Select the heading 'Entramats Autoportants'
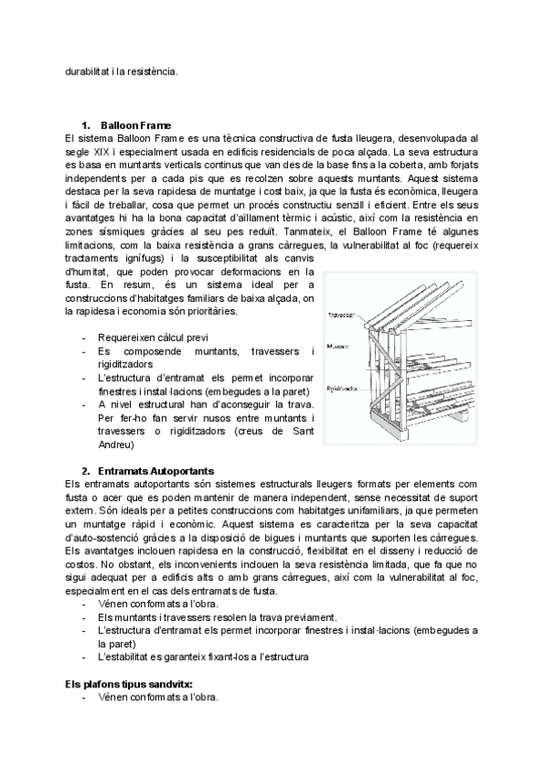coord(157,471)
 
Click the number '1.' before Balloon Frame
coord(87,125)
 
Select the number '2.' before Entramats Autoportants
coord(87,471)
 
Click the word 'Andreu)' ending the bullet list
coord(115,445)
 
